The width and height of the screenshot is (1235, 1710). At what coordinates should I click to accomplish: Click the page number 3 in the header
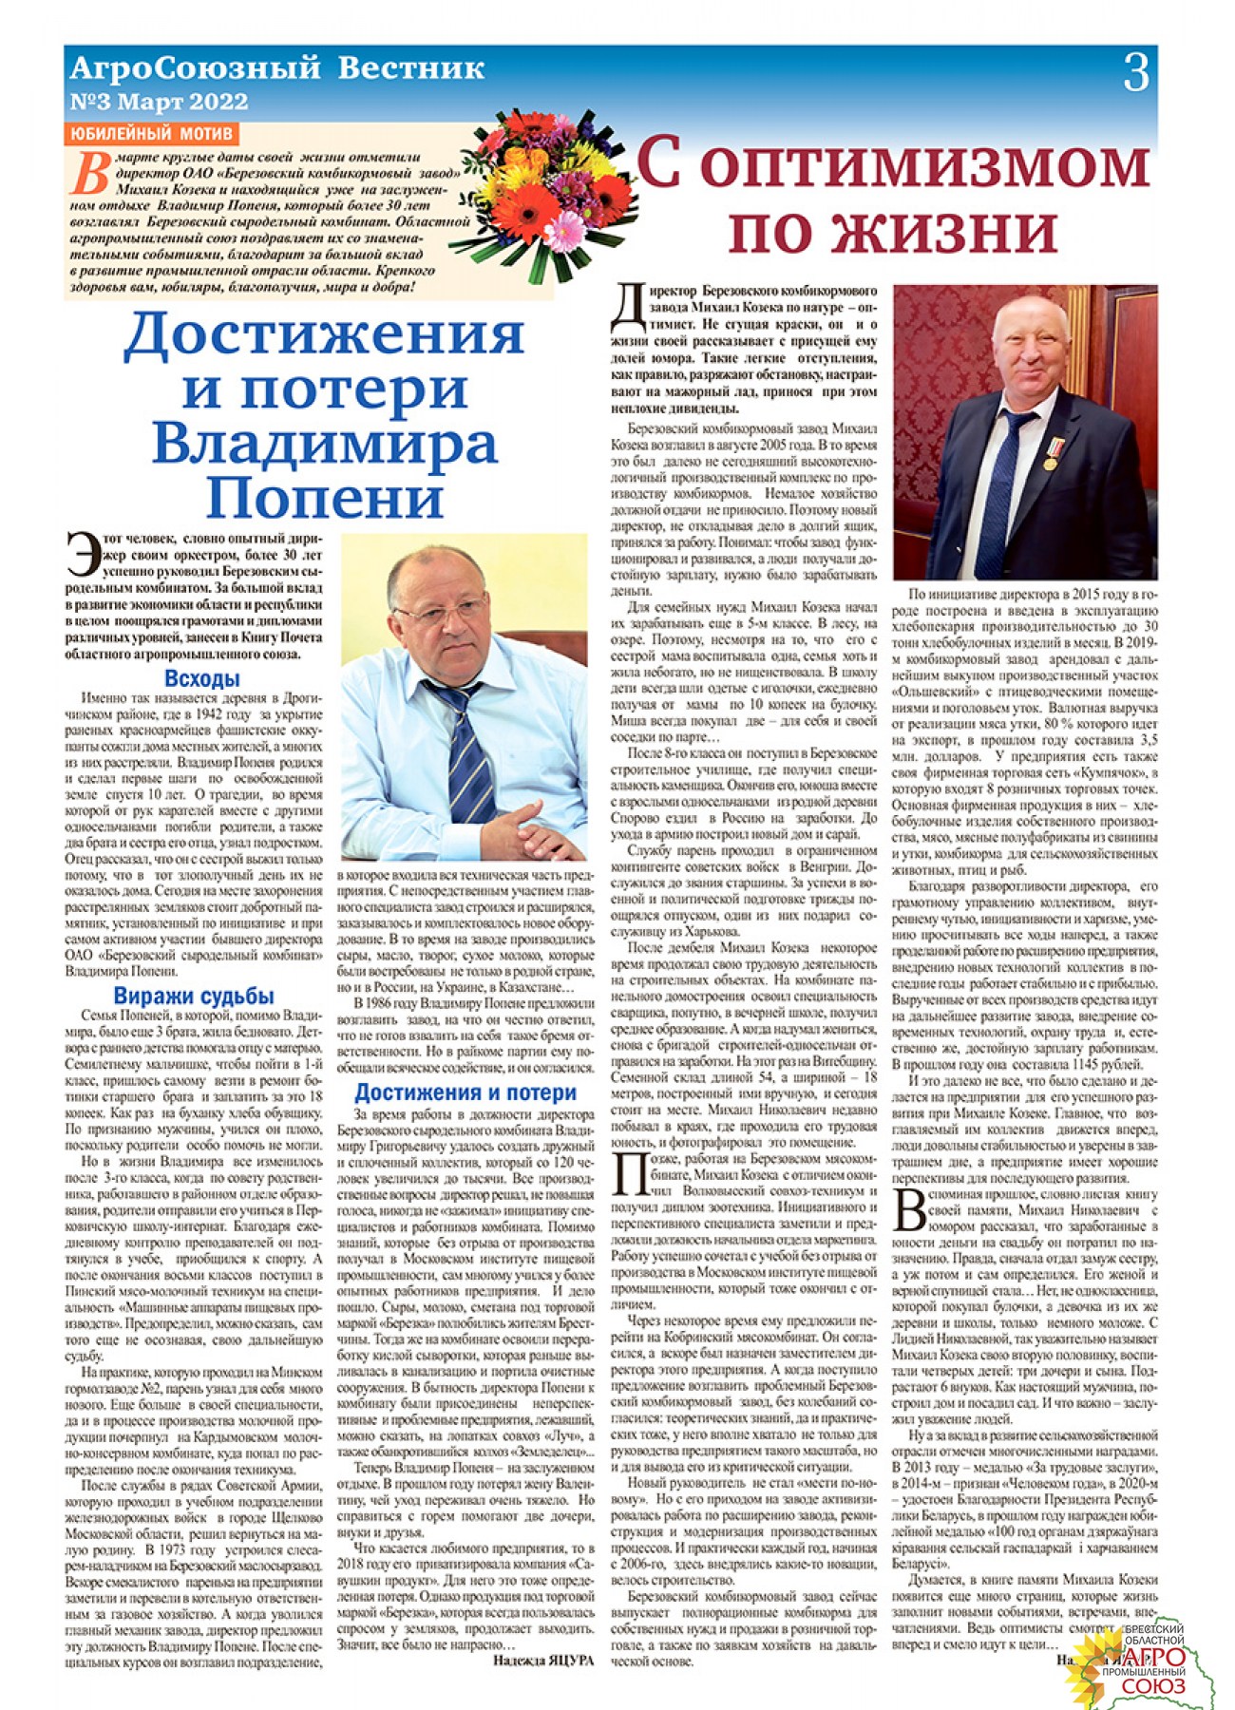pos(1135,72)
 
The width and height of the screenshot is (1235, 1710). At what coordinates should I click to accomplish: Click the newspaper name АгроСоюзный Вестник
pos(277,68)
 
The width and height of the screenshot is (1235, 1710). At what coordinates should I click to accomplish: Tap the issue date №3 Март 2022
pos(159,102)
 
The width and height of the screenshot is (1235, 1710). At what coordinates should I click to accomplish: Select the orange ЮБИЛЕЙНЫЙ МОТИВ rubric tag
pos(152,133)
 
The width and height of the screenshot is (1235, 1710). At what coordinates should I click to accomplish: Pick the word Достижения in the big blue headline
pos(323,333)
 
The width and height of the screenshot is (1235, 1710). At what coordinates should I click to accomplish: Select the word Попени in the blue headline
pos(324,496)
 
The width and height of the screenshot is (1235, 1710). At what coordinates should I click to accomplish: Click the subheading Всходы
pos(201,678)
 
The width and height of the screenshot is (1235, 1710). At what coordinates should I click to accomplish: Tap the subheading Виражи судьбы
pos(194,996)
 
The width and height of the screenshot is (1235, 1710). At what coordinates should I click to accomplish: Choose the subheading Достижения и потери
pos(465,1092)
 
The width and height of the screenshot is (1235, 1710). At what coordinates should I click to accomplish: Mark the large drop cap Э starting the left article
pos(84,554)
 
